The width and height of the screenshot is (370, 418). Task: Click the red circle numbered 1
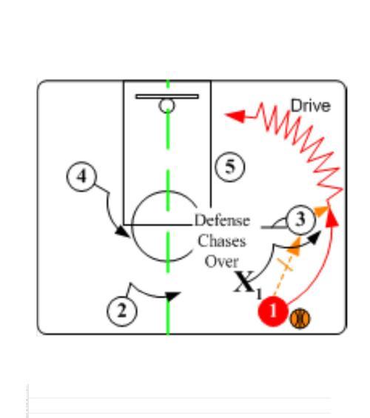(x=273, y=311)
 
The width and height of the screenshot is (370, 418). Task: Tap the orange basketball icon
(x=300, y=318)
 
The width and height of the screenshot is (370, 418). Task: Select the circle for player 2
(x=122, y=311)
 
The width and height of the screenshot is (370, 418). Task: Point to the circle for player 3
(x=301, y=220)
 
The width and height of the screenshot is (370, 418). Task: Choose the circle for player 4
(x=81, y=176)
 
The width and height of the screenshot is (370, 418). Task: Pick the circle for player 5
(x=230, y=167)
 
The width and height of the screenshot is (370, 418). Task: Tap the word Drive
(x=311, y=106)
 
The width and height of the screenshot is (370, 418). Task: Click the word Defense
(x=222, y=220)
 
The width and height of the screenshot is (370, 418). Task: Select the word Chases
(x=221, y=241)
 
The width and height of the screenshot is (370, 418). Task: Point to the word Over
(x=221, y=261)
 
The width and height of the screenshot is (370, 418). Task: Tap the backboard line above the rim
(x=167, y=96)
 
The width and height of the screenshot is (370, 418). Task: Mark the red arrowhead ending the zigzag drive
(x=235, y=116)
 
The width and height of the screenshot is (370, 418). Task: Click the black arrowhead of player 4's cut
(x=123, y=232)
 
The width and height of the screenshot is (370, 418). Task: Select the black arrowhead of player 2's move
(x=172, y=296)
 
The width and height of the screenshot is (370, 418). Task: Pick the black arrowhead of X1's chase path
(x=314, y=237)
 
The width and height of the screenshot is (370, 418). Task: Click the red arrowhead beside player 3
(x=332, y=218)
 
